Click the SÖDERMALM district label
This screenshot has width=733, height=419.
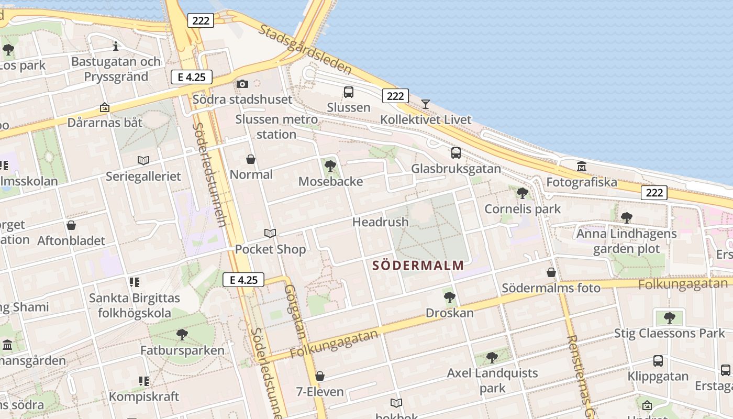point(418,265)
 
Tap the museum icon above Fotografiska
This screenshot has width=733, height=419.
point(581,167)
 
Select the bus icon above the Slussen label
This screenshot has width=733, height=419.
point(348,92)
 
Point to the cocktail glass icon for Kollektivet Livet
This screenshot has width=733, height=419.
point(426,104)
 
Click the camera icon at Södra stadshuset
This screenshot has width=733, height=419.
point(242,84)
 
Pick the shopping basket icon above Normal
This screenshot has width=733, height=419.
point(251,159)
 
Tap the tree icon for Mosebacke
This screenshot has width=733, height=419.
point(330,167)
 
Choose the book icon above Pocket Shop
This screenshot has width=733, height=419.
point(270,233)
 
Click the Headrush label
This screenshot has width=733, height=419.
point(380,222)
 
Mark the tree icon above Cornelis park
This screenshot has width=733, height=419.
point(522,193)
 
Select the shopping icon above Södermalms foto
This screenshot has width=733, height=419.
point(551,272)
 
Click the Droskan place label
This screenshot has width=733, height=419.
point(449,313)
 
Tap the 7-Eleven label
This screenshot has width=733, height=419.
point(320,392)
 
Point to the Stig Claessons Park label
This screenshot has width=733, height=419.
point(669,333)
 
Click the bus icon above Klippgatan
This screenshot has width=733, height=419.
point(658,361)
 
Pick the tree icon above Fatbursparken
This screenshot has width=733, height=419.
point(182,334)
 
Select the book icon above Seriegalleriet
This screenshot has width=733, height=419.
point(143,160)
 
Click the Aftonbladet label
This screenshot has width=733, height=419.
point(71,241)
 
